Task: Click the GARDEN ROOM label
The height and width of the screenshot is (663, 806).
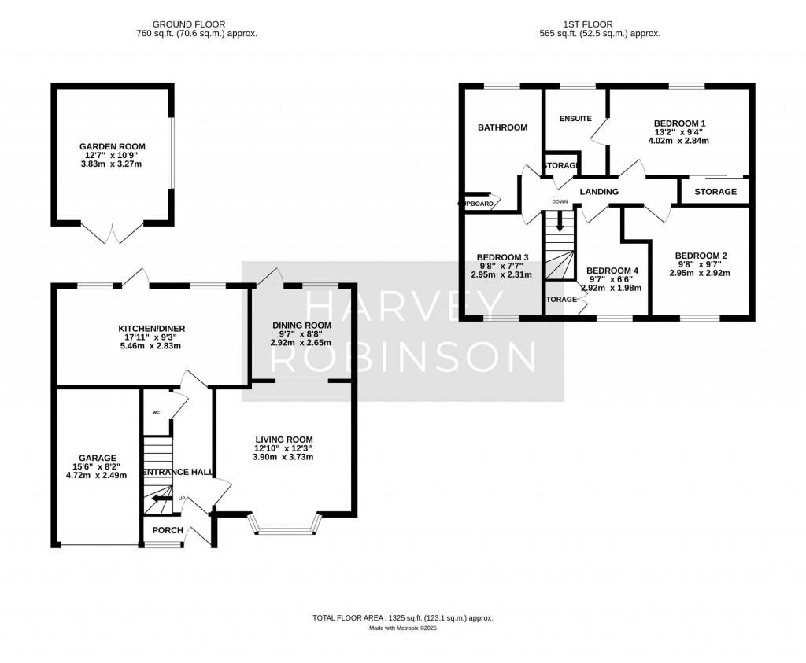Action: [113, 146]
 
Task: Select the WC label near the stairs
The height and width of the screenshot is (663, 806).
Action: [156, 411]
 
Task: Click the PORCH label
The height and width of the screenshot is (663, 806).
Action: [168, 530]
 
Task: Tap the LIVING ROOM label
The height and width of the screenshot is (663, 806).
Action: [283, 440]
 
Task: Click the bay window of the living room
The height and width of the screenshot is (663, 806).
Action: [284, 525]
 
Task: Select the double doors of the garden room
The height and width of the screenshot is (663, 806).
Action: [113, 231]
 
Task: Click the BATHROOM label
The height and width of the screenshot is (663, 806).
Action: [502, 127]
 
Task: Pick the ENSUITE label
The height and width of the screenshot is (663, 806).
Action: [575, 119]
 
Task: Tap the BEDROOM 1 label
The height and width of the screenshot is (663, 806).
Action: [679, 123]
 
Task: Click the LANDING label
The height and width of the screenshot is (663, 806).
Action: [599, 192]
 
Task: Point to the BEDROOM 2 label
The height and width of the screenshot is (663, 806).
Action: [701, 256]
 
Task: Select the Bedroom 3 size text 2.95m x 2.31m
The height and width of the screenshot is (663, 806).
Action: [501, 275]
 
